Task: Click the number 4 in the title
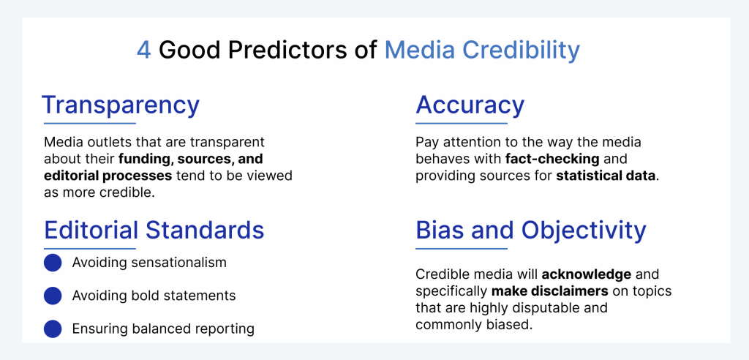144,50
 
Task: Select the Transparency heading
121,106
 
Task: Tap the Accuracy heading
470,105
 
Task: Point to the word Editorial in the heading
91,230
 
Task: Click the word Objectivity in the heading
584,231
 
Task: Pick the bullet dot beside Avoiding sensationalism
53,263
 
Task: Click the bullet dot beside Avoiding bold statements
53,296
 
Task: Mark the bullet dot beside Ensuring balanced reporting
53,329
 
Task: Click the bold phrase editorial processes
108,176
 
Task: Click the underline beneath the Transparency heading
90,124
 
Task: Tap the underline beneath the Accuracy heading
462,124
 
